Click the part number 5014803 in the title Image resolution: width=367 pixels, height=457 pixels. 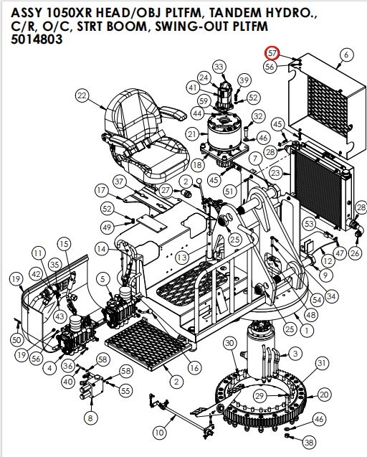tap(37, 41)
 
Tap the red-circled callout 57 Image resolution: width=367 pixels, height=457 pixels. tap(272, 54)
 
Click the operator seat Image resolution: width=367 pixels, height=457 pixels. tap(148, 133)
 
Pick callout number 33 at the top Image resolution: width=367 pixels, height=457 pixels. tap(219, 67)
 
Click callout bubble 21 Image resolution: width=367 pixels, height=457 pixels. tap(192, 134)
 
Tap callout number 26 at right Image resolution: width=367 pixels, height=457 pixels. tap(355, 253)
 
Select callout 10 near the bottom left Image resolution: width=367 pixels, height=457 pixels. tap(159, 433)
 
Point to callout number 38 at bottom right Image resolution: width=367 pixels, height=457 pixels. tap(309, 442)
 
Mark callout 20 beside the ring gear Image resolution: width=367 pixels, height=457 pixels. tap(324, 395)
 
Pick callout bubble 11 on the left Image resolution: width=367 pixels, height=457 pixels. tap(37, 253)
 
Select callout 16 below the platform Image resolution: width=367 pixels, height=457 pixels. tap(194, 368)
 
